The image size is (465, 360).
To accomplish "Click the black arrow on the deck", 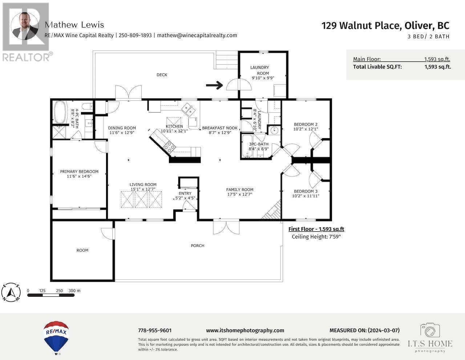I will pos(214,85).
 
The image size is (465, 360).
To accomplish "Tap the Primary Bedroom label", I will pos(79,172).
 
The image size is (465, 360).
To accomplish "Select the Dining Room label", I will pos(122,128).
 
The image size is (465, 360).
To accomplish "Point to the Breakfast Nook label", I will pos(220,128).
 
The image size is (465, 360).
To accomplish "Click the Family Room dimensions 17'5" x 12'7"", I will pos(240,195).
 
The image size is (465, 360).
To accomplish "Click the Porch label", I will pos(198,246).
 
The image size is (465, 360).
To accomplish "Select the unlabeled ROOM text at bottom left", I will pos(82,250).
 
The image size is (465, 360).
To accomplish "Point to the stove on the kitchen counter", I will pos(170,147).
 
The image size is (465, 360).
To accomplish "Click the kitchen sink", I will pos(188,108).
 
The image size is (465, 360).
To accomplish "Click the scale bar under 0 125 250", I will pos(54,295).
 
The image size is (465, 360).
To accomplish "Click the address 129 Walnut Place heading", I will pos(385,25).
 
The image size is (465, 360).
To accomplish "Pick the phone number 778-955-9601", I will pos(155,331).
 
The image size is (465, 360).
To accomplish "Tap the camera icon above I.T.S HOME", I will pos(430,330).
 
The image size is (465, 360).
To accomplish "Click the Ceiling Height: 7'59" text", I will pos(316,237).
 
